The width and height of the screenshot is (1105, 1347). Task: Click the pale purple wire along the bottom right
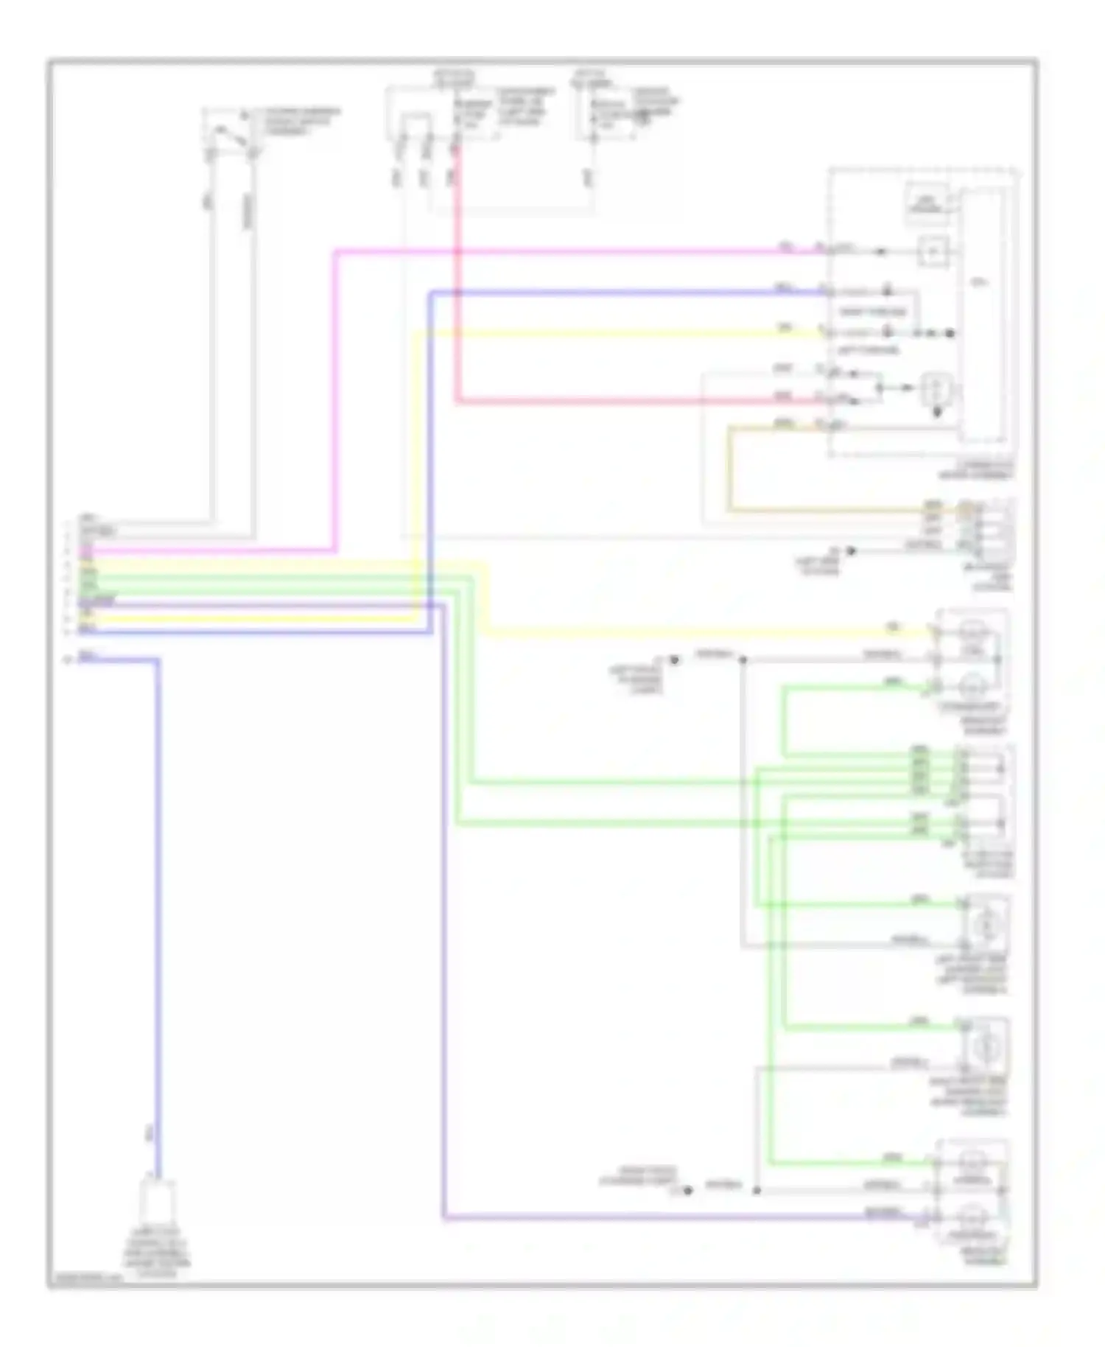(663, 1219)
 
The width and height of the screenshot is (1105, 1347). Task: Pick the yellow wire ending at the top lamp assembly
(700, 632)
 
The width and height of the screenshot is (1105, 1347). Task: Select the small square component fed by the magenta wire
(933, 252)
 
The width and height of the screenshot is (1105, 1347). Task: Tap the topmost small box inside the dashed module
(927, 203)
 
